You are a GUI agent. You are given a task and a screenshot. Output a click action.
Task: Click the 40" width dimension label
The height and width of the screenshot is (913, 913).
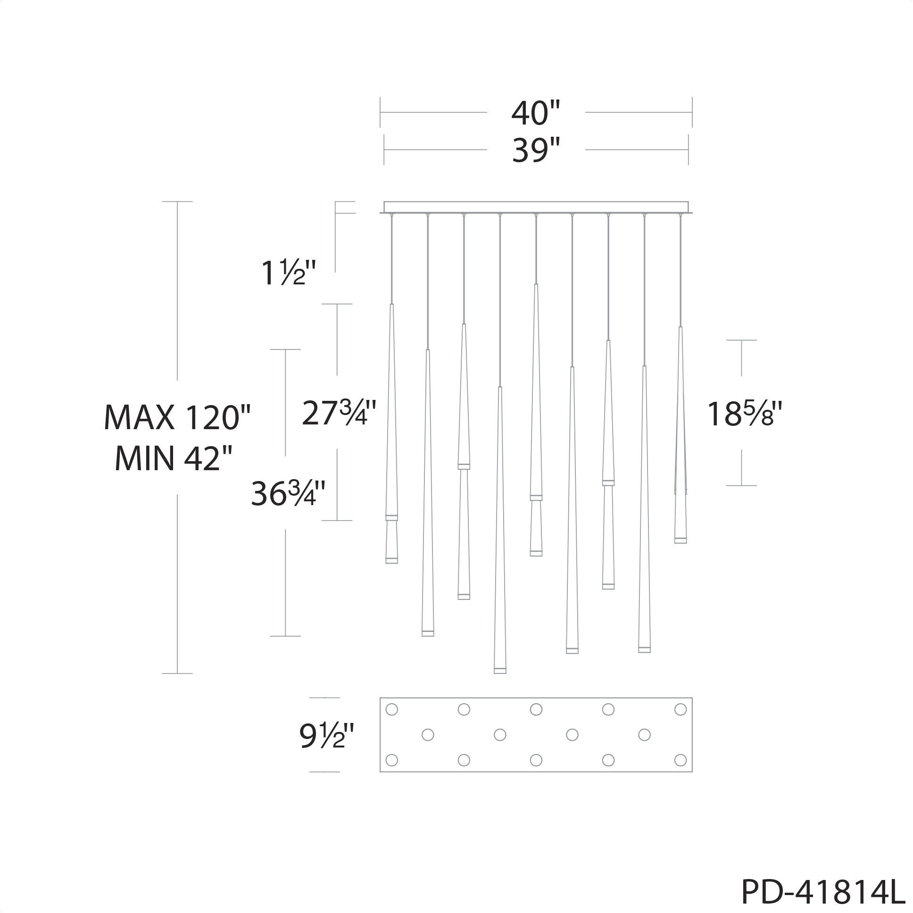(x=535, y=113)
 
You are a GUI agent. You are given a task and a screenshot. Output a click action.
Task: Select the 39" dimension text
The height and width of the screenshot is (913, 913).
(x=535, y=150)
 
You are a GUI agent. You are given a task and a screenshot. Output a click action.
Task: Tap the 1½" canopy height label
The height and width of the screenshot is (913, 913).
(x=289, y=274)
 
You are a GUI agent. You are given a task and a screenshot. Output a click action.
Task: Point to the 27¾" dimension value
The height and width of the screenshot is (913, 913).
(x=339, y=413)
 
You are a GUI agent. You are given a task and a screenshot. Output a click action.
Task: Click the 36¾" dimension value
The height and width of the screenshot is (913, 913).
(x=288, y=493)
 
